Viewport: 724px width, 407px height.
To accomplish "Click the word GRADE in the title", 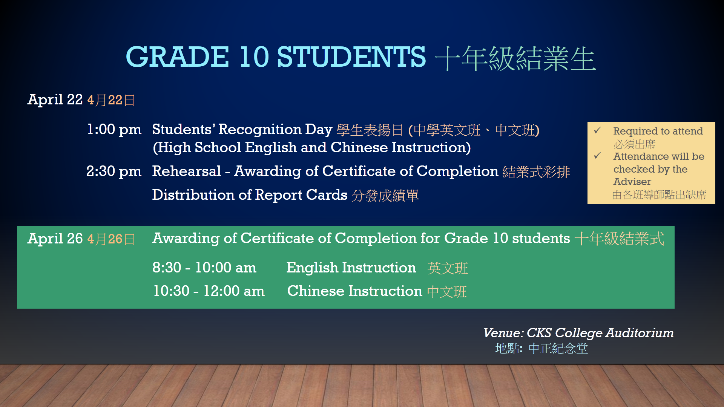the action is [177, 57].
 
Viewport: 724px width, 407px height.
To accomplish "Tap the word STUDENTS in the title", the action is [351, 57].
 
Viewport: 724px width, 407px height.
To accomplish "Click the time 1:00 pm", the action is [114, 129].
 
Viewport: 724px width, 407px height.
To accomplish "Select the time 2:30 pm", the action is [114, 171].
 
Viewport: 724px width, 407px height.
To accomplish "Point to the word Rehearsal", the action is [187, 171].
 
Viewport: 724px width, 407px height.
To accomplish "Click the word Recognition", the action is [260, 129].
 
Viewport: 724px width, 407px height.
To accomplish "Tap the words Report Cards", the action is [301, 195].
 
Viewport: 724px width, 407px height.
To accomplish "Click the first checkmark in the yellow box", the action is [597, 130].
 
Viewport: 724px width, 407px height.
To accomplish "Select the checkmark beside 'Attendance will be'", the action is [597, 156].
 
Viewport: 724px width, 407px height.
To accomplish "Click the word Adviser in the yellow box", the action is [632, 182].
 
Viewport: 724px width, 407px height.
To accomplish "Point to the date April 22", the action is [55, 100].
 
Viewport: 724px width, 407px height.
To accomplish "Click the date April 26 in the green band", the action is [55, 239].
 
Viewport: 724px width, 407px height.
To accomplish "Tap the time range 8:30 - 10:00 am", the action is [204, 268].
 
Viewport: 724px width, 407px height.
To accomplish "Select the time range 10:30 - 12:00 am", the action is [209, 291].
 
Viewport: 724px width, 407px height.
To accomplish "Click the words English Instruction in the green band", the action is [351, 268].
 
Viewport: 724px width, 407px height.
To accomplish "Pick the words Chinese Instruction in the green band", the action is [354, 291].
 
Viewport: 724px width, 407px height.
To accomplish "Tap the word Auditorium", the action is [640, 333].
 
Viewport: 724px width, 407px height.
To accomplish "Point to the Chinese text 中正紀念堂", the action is [558, 349].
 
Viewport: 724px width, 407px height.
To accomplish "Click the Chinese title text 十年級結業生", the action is [515, 59].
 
